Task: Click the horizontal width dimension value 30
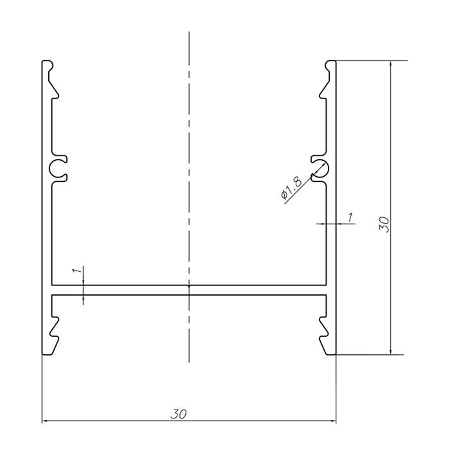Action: [x=179, y=414]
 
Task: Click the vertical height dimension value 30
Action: [x=384, y=224]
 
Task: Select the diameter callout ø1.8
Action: [x=291, y=188]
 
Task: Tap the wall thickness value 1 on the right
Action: [x=350, y=217]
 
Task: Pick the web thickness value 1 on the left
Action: [x=77, y=271]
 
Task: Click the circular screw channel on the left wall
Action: [x=51, y=168]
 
